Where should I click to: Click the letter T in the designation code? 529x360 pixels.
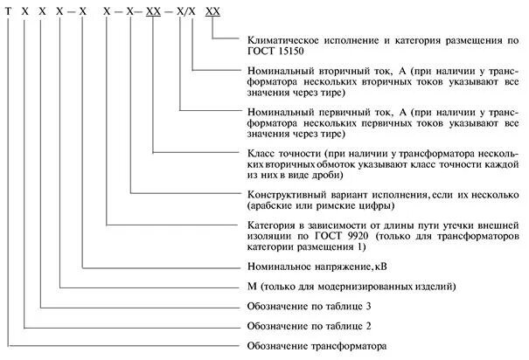click(x=8, y=11)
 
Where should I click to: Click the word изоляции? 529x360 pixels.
click(x=266, y=236)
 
